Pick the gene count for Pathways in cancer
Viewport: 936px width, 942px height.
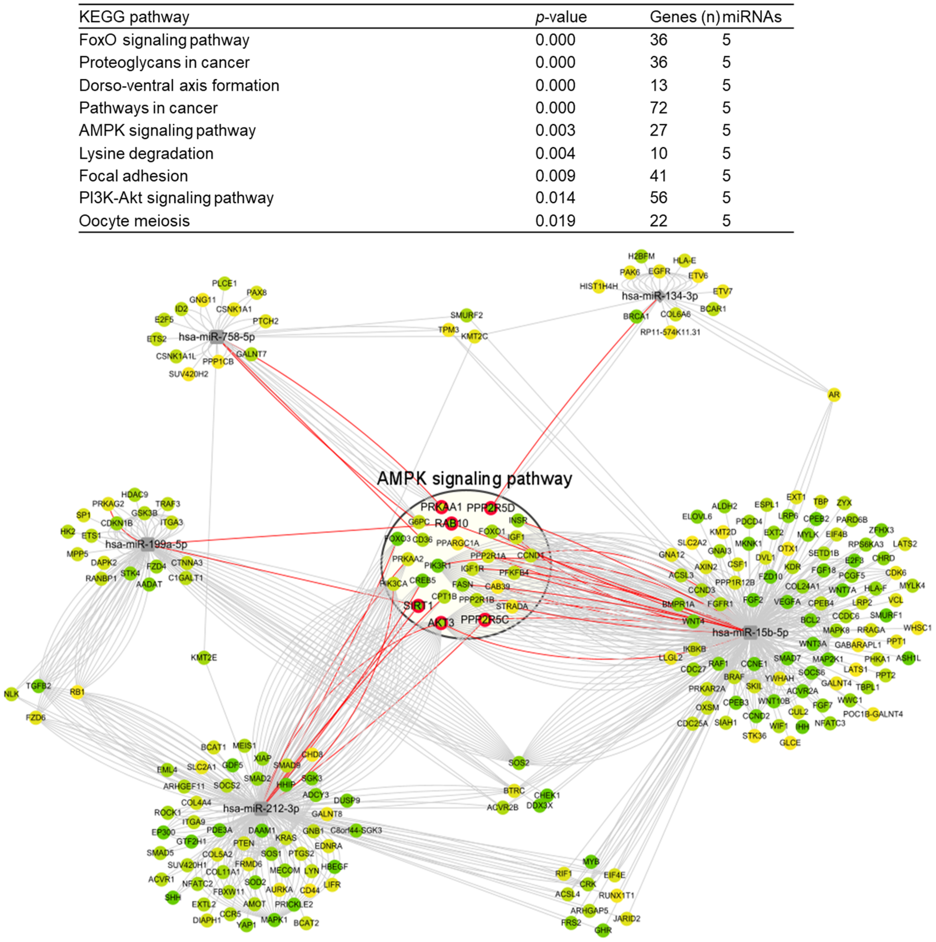[x=658, y=108]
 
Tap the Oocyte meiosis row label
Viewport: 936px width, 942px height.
[x=134, y=221]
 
